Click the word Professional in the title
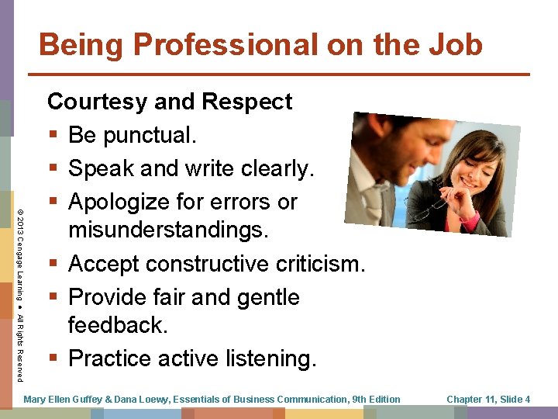tap(218, 45)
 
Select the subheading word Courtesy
tap(99, 102)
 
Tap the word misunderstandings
tap(167, 230)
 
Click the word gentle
tap(263, 297)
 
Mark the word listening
tap(268, 358)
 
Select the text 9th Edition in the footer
tap(376, 400)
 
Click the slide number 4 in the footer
tap(527, 400)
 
